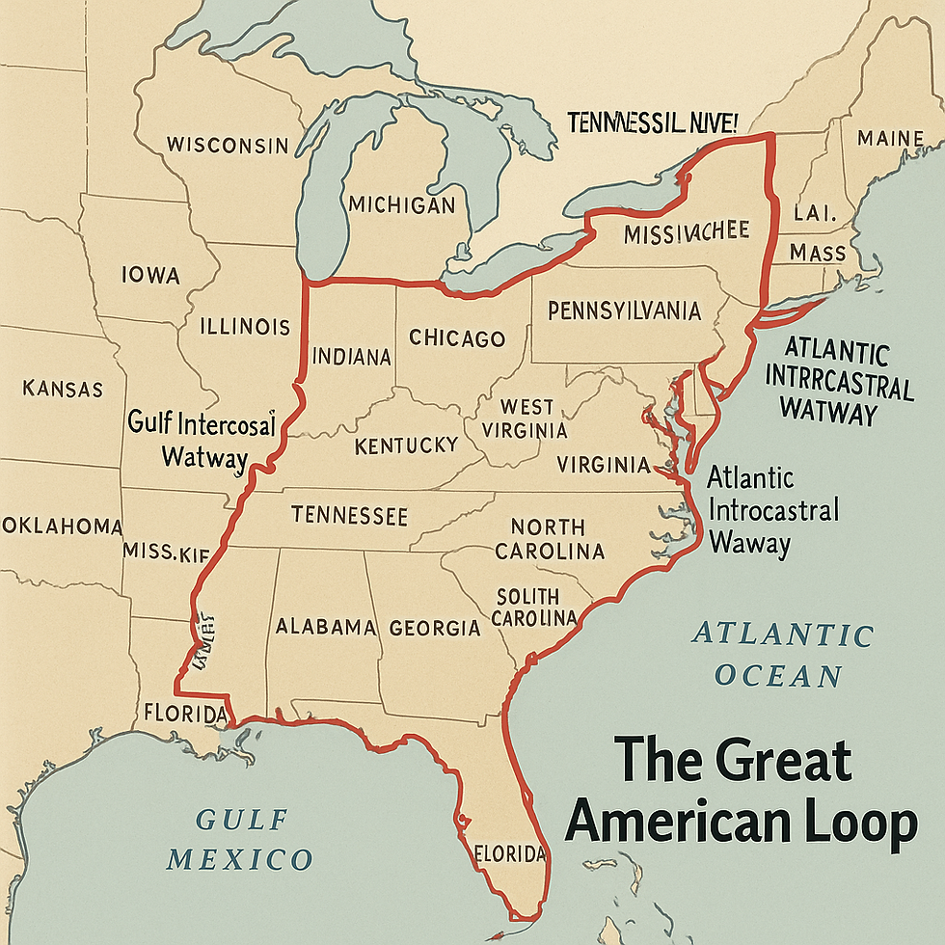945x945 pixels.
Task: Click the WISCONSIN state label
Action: click(228, 146)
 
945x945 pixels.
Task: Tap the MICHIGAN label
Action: click(401, 205)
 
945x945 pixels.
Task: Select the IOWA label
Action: click(150, 276)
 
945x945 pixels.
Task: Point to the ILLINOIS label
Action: click(245, 326)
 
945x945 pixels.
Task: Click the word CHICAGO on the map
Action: click(457, 338)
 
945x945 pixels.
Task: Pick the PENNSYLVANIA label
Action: click(624, 311)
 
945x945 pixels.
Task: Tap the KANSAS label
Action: click(62, 390)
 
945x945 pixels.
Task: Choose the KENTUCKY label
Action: click(406, 446)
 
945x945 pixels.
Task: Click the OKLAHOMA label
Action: click(62, 526)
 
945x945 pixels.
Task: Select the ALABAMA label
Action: click(326, 627)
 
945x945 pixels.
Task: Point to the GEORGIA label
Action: click(435, 629)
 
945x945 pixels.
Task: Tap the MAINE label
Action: click(890, 139)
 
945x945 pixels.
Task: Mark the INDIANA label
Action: click(351, 358)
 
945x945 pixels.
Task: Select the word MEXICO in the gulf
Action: click(241, 858)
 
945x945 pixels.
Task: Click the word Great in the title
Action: click(769, 760)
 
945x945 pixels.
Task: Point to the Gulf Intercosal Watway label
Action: click(202, 439)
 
